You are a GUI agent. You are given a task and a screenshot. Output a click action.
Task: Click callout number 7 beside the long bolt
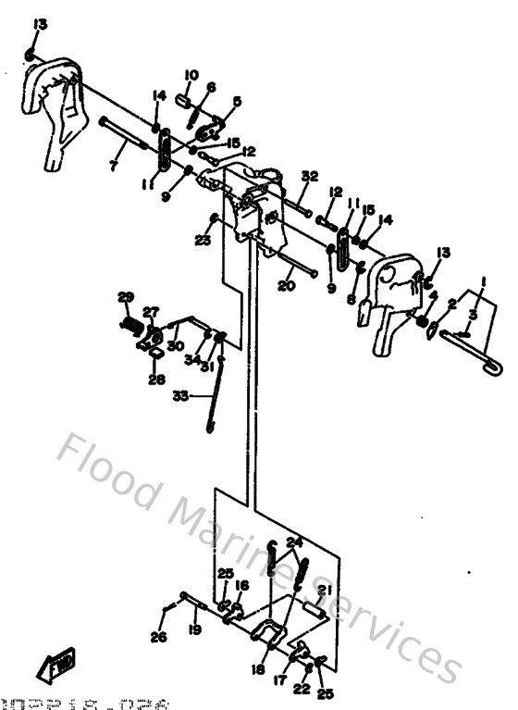pyautogui.click(x=113, y=167)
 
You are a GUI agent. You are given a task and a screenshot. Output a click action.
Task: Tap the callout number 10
pyautogui.click(x=191, y=75)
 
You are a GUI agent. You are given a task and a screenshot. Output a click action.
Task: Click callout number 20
pyautogui.click(x=285, y=286)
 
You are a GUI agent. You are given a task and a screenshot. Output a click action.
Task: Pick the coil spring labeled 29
pyautogui.click(x=132, y=326)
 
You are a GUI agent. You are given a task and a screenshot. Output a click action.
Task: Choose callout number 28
pyautogui.click(x=155, y=379)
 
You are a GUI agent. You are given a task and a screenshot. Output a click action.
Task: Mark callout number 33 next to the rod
pyautogui.click(x=180, y=395)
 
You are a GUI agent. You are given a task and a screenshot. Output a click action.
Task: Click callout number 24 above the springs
pyautogui.click(x=294, y=542)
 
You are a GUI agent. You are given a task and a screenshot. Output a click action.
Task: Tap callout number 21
pyautogui.click(x=324, y=591)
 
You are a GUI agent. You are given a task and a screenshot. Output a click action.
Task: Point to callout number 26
pyautogui.click(x=157, y=636)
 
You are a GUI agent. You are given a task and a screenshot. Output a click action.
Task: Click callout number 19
pyautogui.click(x=195, y=629)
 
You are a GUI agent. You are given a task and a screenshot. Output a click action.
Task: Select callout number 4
pyautogui.click(x=433, y=296)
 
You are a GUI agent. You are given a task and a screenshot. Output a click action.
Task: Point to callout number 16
pyautogui.click(x=242, y=585)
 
